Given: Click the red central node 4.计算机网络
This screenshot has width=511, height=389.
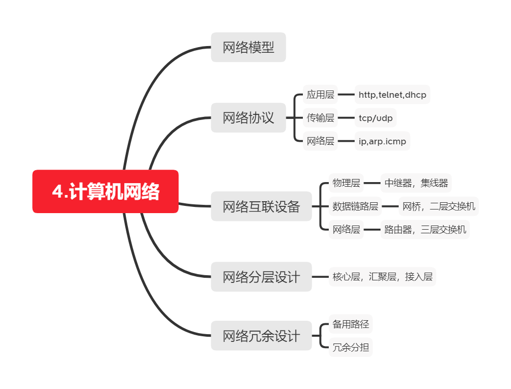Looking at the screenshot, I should (x=106, y=191).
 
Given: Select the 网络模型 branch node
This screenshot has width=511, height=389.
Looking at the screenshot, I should (x=248, y=48).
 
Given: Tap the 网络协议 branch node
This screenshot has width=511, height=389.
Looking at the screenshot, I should (x=248, y=118).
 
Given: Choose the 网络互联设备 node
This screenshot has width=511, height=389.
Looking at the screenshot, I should (x=261, y=206).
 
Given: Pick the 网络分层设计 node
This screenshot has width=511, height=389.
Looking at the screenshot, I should (x=261, y=277).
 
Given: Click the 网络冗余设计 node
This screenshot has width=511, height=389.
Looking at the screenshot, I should (x=261, y=336).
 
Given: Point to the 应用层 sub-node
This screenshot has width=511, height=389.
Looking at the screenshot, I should (x=320, y=95).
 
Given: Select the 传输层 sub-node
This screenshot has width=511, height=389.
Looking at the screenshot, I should (x=320, y=118).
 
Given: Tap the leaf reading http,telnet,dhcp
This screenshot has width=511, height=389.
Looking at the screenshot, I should (x=392, y=95).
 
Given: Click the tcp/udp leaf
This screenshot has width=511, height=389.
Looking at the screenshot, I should (x=375, y=118).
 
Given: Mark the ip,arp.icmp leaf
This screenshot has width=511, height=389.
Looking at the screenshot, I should (x=382, y=141).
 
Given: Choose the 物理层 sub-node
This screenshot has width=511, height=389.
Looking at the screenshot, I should (x=346, y=183).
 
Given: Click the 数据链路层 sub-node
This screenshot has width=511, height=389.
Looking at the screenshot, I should (x=356, y=206).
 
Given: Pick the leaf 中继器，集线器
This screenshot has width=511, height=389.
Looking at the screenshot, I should (x=416, y=183).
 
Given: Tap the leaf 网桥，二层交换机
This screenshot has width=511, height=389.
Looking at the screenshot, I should (x=439, y=206).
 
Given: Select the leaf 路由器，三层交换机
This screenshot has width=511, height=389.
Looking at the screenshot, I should (x=425, y=230).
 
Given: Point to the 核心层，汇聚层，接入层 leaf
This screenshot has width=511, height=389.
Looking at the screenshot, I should (x=382, y=277).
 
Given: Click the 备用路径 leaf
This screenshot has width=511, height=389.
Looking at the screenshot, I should (x=351, y=324).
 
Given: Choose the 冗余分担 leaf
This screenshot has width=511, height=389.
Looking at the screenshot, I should (x=351, y=347).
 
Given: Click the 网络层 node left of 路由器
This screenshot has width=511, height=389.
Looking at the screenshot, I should (x=346, y=230).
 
